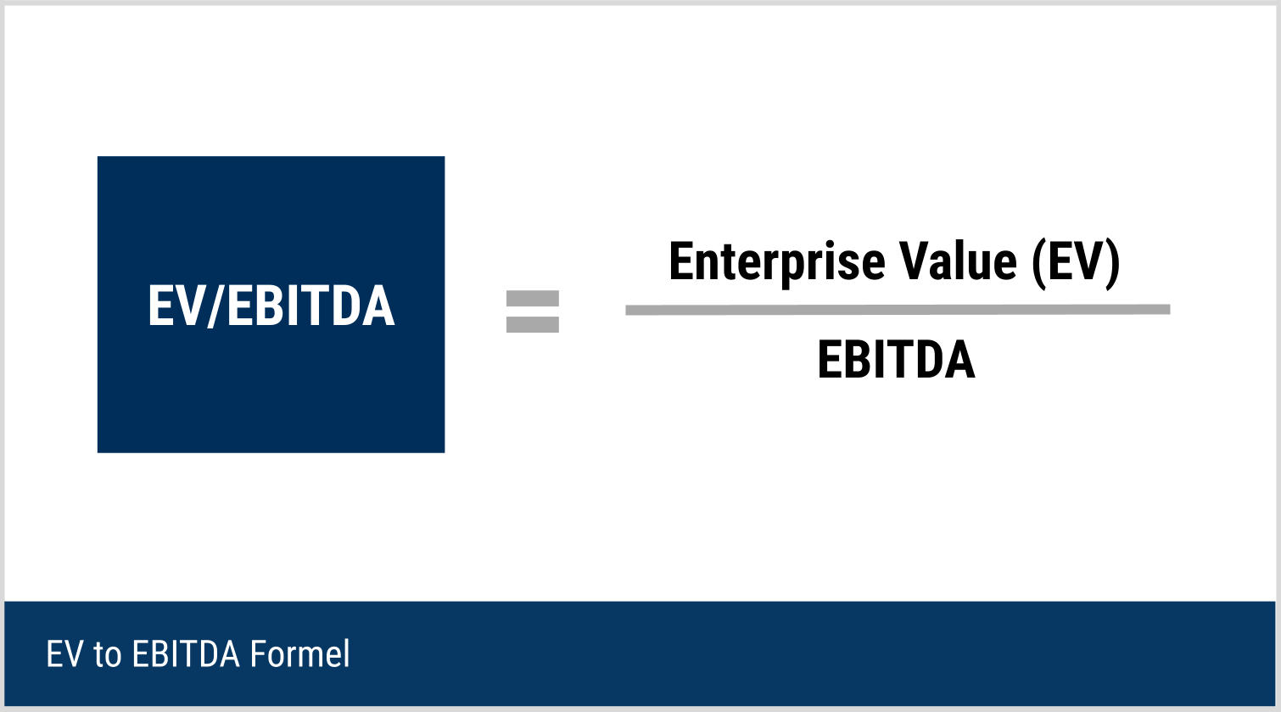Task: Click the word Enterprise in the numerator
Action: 777,263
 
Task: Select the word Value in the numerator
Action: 958,261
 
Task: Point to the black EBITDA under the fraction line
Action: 896,359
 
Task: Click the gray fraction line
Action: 898,310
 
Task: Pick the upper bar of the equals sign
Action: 533,298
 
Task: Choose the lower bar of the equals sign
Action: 533,325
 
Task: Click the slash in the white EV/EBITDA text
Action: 217,306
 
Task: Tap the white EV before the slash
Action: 177,306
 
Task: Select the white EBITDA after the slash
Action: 311,306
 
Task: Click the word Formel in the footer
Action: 299,653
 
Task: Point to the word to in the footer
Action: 108,655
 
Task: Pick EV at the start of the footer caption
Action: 64,654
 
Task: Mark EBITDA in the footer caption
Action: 186,654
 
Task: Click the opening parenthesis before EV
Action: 1039,263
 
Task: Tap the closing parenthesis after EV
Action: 1112,263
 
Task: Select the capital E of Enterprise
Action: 680,261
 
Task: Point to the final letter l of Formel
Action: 347,653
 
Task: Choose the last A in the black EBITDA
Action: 959,359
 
